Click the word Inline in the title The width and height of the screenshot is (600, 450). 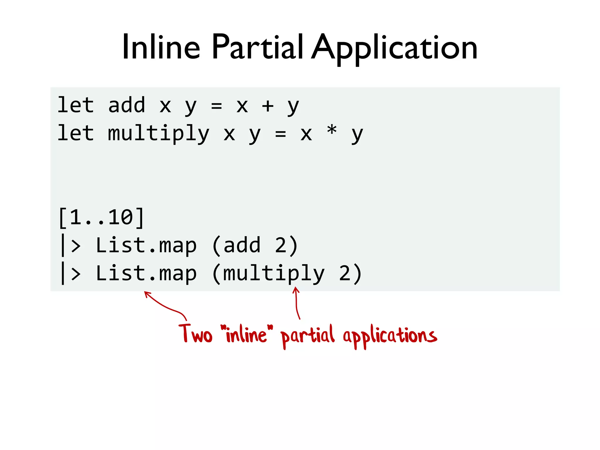[x=161, y=47]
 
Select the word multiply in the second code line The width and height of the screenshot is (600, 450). [x=158, y=134]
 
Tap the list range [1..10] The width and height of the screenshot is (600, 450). [x=101, y=217]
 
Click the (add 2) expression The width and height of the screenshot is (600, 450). [x=255, y=246]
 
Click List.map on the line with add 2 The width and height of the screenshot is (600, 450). [x=146, y=246]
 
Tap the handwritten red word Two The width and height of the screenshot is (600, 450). [x=195, y=334]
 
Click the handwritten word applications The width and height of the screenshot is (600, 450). [x=390, y=336]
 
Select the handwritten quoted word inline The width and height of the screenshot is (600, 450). [x=246, y=334]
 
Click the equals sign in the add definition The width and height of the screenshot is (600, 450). [x=217, y=106]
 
